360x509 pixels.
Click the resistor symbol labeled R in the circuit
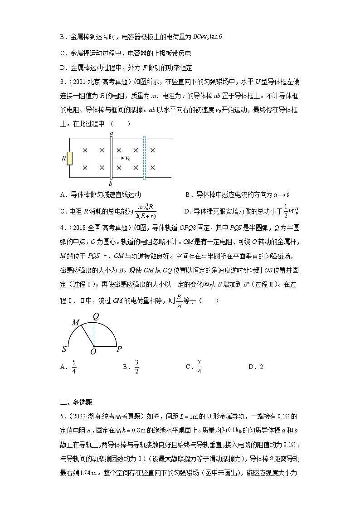click(x=70, y=159)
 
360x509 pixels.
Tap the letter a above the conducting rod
click(x=111, y=133)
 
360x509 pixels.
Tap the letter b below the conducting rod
click(x=110, y=184)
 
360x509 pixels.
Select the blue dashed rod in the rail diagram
click(x=144, y=158)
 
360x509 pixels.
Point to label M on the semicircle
click(x=75, y=322)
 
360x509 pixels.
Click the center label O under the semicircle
click(x=93, y=352)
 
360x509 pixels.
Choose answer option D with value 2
click(x=256, y=367)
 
